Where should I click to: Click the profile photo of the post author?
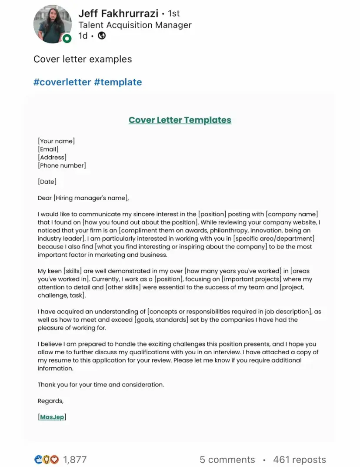coord(52,24)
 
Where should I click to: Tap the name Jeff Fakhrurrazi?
coord(118,13)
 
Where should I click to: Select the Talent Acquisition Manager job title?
coord(135,25)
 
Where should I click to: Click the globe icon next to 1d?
coord(102,36)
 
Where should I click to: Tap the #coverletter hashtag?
coord(62,82)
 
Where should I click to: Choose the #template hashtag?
coord(118,82)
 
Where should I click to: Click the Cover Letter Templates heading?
coord(180,120)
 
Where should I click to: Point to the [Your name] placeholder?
coord(56,141)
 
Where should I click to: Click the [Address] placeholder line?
coord(52,157)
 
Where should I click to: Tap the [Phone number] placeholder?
coord(62,165)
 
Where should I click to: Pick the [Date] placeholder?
coord(47,182)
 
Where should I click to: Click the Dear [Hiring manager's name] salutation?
coord(83,198)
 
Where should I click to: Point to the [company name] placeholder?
coord(292,214)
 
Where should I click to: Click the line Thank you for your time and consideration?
coord(100,385)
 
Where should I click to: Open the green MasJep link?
coord(52,417)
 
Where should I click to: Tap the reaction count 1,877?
coord(75,460)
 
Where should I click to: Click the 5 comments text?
coord(227,460)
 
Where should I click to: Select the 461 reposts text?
coord(299,460)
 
